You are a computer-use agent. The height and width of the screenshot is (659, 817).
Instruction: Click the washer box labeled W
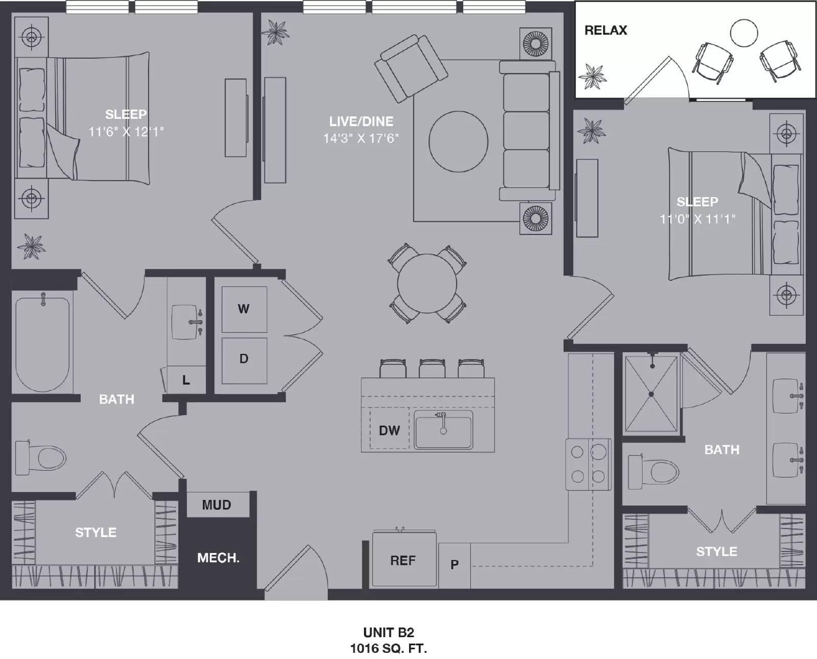coord(244,309)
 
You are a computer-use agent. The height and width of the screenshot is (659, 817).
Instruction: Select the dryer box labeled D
coord(244,359)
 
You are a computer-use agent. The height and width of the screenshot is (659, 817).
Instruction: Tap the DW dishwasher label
coord(389,430)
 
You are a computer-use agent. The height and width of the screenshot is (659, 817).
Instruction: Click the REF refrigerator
coord(403,560)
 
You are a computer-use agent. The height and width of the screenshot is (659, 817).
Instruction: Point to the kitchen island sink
coord(443,430)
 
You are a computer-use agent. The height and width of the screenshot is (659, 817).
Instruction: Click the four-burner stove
coord(588,464)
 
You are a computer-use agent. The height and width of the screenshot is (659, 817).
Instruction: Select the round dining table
coord(427,284)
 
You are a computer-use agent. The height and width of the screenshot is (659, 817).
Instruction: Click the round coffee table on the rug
coord(458,141)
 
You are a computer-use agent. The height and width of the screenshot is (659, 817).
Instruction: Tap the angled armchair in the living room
coord(411,67)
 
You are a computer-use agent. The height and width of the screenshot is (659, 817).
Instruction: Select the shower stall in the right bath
coord(652,394)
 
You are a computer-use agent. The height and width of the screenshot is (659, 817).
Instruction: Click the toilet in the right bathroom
coord(656,471)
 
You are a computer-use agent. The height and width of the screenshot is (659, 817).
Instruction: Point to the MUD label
coord(217,505)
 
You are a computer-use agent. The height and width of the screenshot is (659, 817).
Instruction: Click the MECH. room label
coord(218,558)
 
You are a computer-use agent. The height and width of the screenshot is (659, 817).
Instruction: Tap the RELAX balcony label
coord(606,30)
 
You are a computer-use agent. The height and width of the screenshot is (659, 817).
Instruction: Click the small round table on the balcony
coord(743,33)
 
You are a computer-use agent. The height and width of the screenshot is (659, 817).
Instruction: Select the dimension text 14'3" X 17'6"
coord(361,138)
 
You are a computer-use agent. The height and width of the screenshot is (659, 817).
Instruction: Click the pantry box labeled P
coord(454,565)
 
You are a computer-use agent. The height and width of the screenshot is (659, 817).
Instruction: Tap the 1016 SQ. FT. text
coord(388,648)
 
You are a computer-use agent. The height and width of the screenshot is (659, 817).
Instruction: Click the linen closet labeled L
coord(186,380)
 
